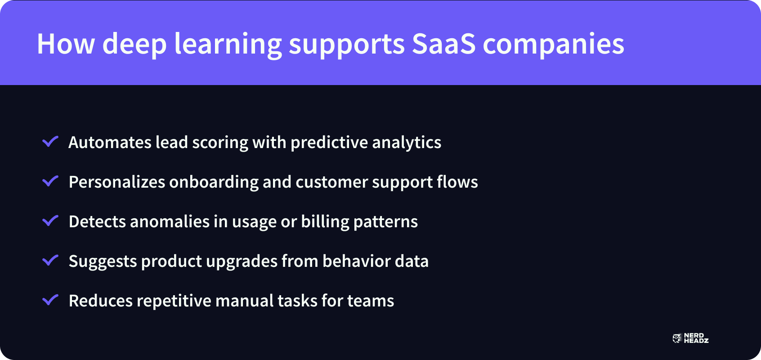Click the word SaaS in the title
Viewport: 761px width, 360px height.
443,44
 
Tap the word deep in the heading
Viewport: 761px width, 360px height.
134,44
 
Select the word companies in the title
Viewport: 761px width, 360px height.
553,44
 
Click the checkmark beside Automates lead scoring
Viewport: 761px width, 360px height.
50,142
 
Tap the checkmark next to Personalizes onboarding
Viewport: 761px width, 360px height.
50,181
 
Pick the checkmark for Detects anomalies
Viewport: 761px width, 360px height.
50,221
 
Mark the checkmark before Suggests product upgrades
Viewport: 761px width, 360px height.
50,261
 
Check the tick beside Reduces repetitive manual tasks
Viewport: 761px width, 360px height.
50,300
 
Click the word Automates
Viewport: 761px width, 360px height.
110,143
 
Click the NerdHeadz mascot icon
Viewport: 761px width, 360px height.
677,338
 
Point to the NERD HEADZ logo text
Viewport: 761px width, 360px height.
696,338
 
